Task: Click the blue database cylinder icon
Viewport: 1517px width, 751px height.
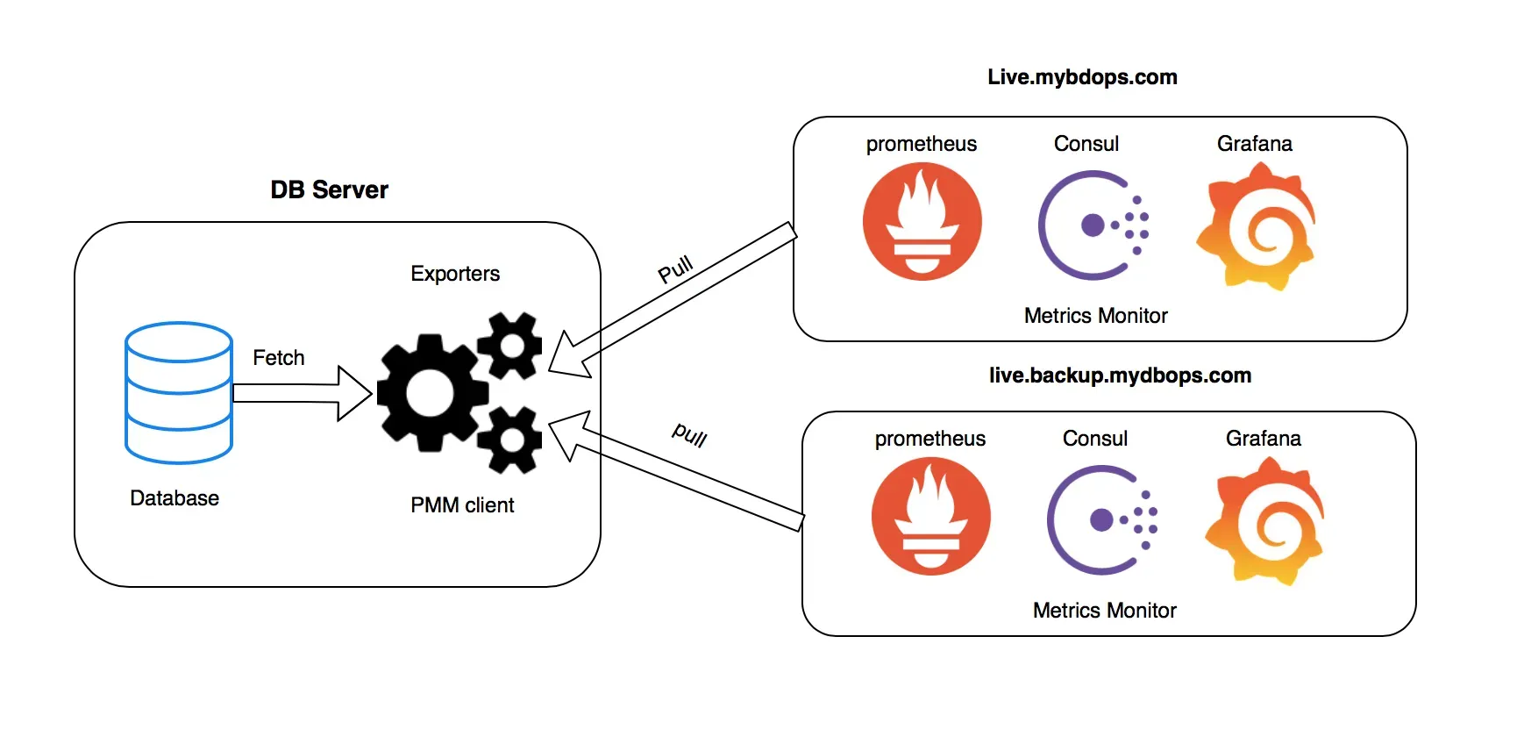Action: tap(179, 392)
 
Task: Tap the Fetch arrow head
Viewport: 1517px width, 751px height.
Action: tap(354, 393)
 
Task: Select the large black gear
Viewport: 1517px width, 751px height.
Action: tap(430, 392)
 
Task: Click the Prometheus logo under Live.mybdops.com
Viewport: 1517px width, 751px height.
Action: tap(922, 222)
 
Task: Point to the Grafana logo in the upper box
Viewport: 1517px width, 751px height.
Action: tap(1256, 225)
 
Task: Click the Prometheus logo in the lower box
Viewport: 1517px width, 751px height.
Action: tap(930, 517)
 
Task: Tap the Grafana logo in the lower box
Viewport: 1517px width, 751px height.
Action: tap(1264, 520)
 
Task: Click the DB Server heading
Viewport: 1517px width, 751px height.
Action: tap(329, 190)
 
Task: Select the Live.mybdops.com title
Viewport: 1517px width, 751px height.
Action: tap(1082, 77)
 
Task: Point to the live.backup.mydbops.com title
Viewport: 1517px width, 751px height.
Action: tap(1120, 375)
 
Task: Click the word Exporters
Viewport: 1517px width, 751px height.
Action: tap(455, 274)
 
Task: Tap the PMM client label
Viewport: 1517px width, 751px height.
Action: tap(462, 505)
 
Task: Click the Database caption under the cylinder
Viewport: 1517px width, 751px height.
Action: tap(174, 498)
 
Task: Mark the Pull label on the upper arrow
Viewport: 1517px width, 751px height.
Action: tap(676, 269)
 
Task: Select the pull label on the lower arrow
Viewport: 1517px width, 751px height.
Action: tap(690, 433)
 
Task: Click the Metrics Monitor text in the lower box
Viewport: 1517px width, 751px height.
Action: tap(1104, 611)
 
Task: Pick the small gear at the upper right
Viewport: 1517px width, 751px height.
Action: tap(510, 345)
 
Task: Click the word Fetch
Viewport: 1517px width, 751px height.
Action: tap(279, 358)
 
